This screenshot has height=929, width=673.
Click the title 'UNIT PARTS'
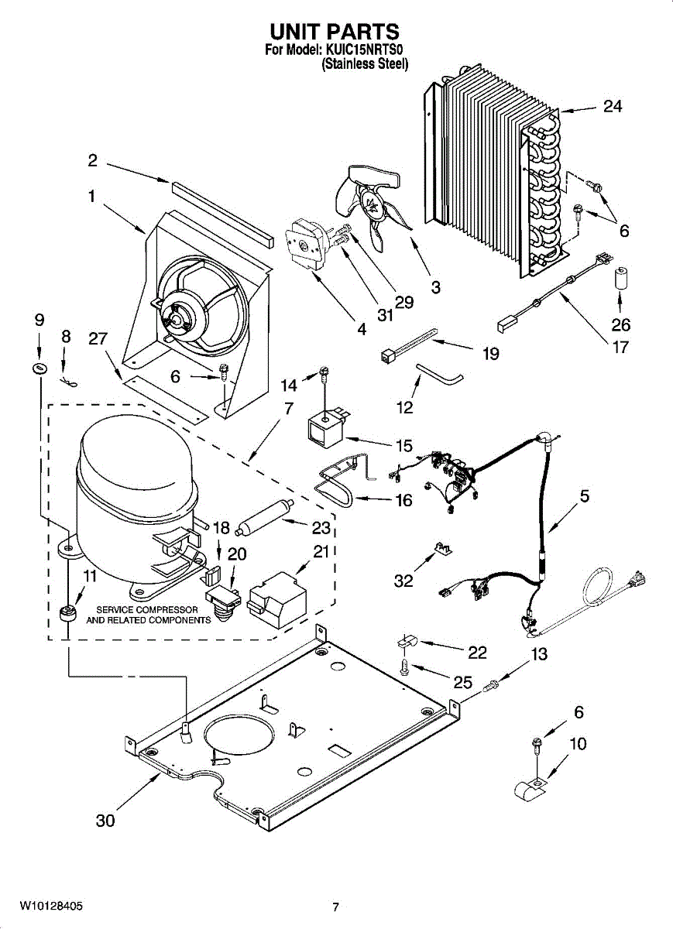[335, 32]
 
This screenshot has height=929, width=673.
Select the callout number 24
[612, 107]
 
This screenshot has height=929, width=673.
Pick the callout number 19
[489, 354]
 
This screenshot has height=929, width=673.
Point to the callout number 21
[321, 551]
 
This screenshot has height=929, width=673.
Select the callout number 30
[105, 821]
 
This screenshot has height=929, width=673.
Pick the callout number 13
[539, 654]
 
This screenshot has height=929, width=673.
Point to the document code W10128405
[51, 905]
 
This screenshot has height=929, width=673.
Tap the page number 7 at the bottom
[335, 907]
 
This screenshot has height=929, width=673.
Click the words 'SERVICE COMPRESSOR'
[147, 610]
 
